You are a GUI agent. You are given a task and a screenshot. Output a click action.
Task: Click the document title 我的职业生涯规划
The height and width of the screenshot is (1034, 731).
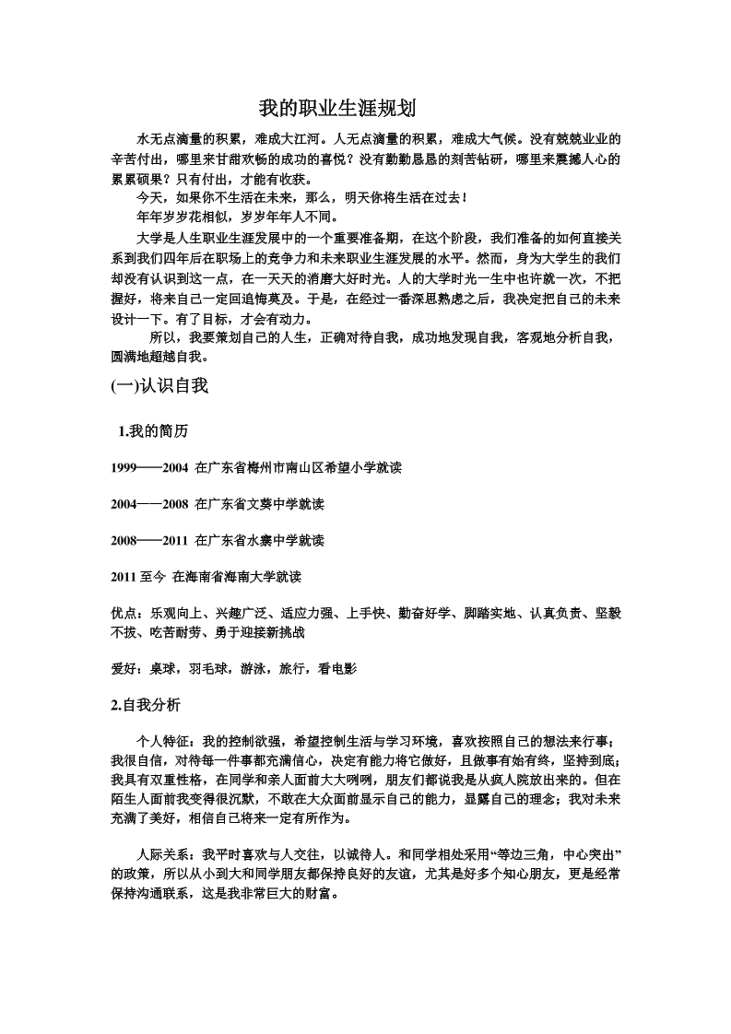pyautogui.click(x=337, y=109)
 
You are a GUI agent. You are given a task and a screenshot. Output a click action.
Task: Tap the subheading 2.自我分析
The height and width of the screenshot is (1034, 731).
pyautogui.click(x=146, y=706)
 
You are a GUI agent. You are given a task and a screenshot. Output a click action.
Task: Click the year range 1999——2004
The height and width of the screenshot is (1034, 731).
pyautogui.click(x=148, y=468)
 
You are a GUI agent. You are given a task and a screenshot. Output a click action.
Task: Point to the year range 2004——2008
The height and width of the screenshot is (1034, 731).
pyautogui.click(x=148, y=504)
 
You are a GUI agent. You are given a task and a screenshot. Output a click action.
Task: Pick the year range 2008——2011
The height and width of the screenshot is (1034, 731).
pyautogui.click(x=148, y=540)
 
